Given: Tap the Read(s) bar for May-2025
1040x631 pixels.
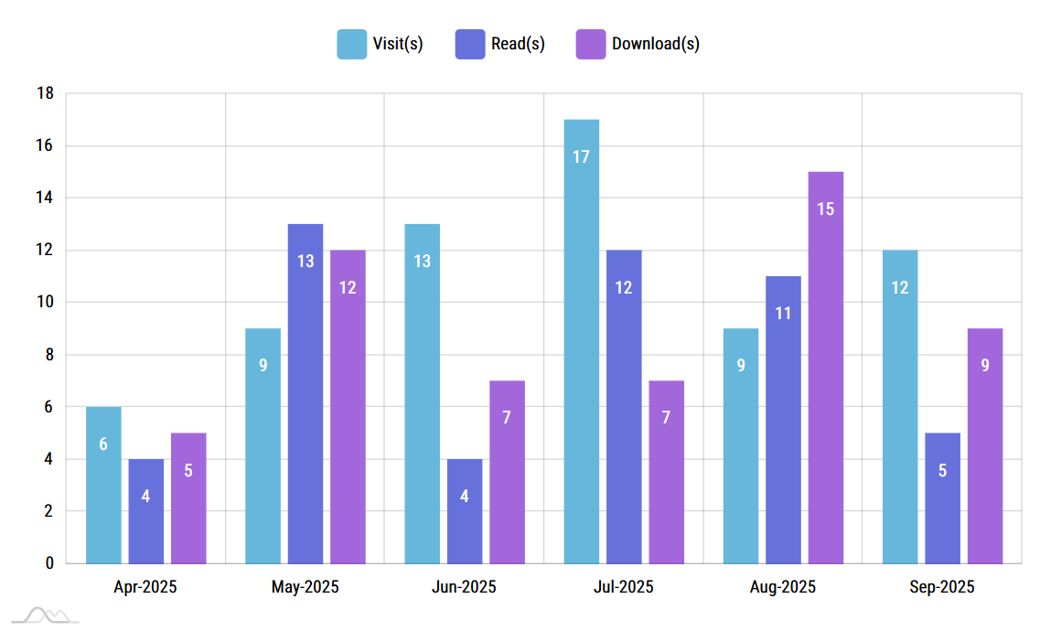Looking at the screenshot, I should pyautogui.click(x=306, y=393).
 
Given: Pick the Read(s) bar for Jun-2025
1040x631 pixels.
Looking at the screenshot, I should pyautogui.click(x=465, y=511).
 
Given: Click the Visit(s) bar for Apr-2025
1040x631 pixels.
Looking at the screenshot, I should pyautogui.click(x=103, y=485).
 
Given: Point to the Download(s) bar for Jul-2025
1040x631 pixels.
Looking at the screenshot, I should pyautogui.click(x=666, y=472).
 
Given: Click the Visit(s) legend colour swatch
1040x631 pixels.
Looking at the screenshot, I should pyautogui.click(x=351, y=44).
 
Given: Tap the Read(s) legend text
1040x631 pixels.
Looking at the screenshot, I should pyautogui.click(x=518, y=44).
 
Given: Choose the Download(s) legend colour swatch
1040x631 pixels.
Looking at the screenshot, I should pyautogui.click(x=591, y=44).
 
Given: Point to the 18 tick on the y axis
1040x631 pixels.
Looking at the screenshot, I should pyautogui.click(x=45, y=93).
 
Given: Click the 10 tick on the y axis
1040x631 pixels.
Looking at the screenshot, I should pyautogui.click(x=45, y=303).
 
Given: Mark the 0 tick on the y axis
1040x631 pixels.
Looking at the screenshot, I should pyautogui.click(x=49, y=563).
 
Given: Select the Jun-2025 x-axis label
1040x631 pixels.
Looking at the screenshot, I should pyautogui.click(x=464, y=587).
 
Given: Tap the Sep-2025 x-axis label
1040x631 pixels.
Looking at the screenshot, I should pyautogui.click(x=942, y=587).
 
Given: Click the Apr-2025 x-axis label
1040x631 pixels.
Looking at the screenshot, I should pyautogui.click(x=145, y=587).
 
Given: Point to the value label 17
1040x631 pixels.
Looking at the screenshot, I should pyautogui.click(x=581, y=156).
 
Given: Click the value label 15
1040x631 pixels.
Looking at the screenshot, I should pyautogui.click(x=825, y=209).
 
